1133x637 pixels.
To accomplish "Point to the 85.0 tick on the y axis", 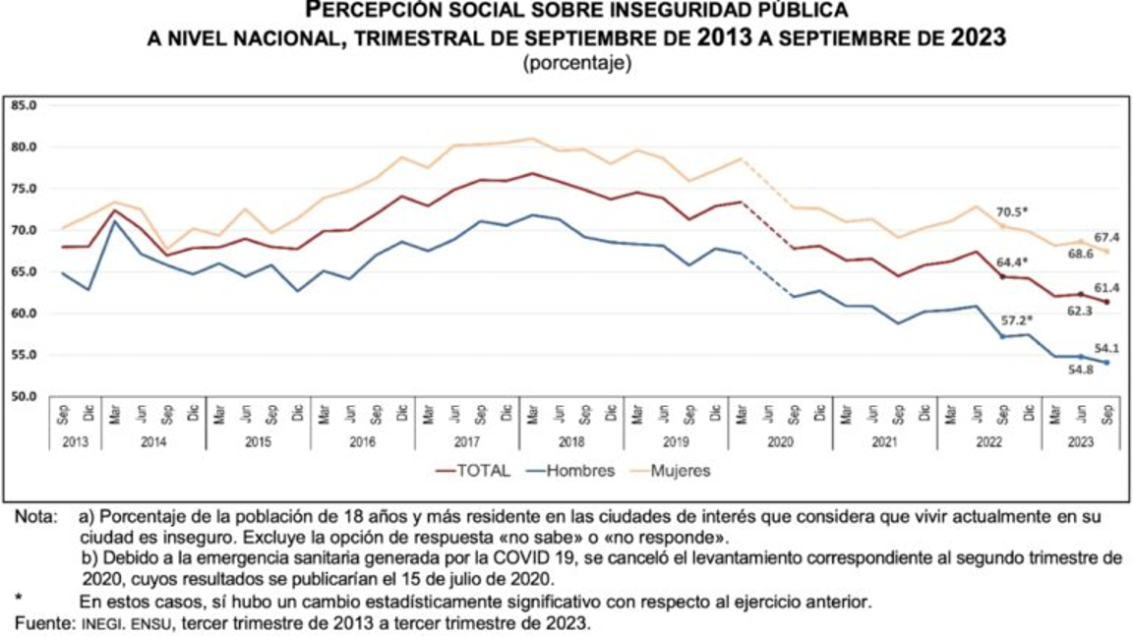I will [x=24, y=105].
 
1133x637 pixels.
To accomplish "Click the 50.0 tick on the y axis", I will [x=24, y=397].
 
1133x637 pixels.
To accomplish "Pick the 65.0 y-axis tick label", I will [x=24, y=272].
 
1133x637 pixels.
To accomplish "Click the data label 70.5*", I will [x=1014, y=210].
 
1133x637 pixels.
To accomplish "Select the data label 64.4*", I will [x=1014, y=262].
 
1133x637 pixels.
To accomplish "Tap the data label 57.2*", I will [x=1014, y=320].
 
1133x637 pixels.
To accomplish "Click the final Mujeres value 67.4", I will [x=1106, y=237].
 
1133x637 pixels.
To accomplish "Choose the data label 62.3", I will [x=1080, y=310].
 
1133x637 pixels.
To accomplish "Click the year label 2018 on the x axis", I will [x=570, y=442].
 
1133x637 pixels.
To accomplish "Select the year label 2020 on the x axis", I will [x=780, y=442].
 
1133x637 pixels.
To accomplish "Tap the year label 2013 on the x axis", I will [x=75, y=442].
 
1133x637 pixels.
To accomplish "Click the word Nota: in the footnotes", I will [x=35, y=516].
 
